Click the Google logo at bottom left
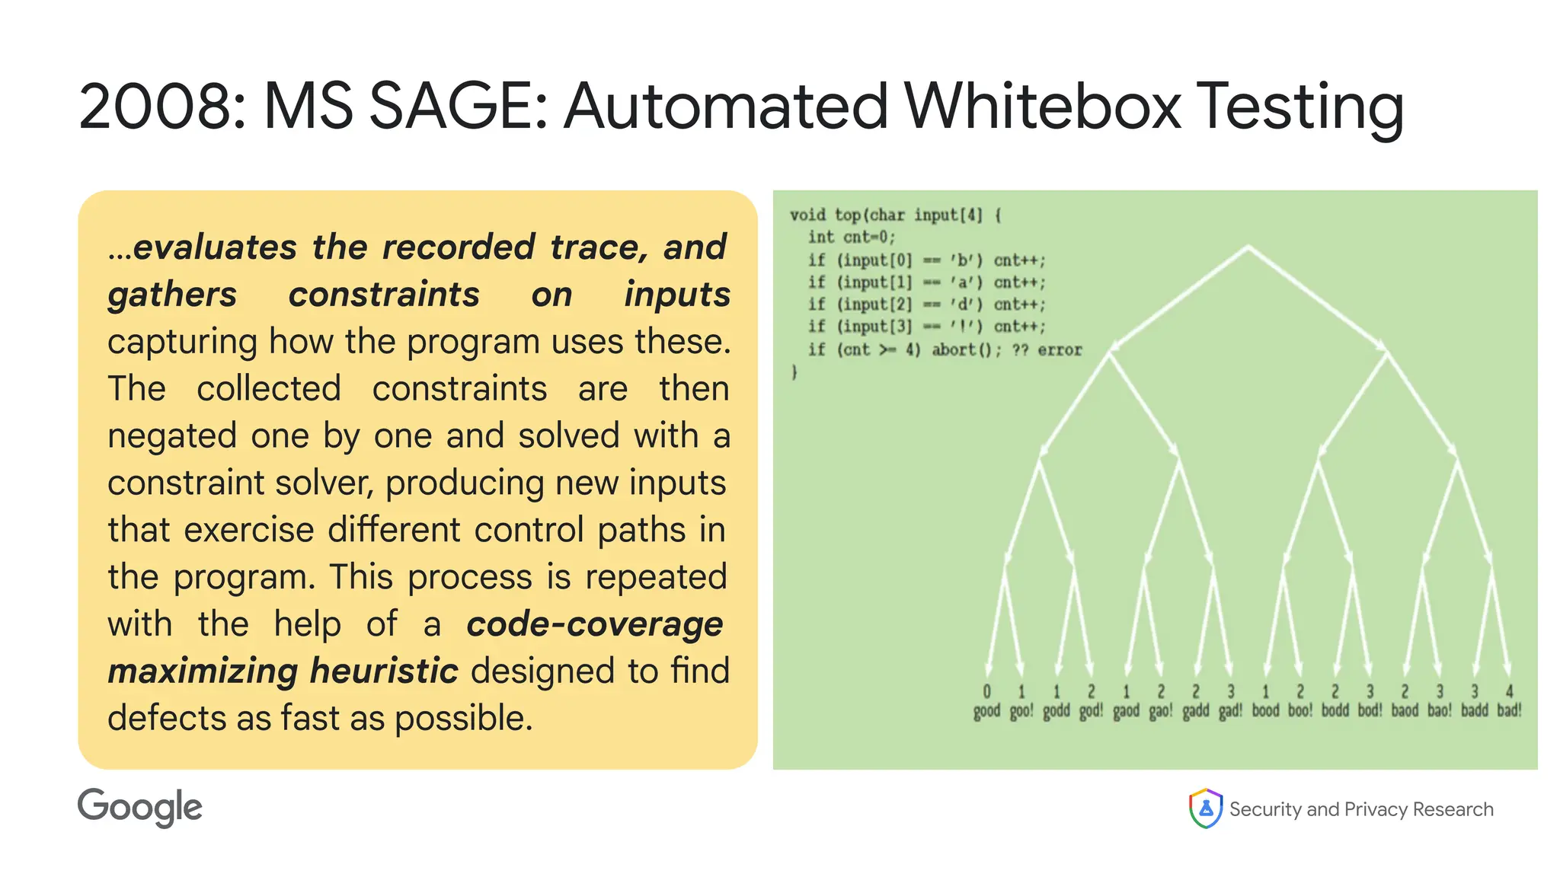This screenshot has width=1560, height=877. pos(140,808)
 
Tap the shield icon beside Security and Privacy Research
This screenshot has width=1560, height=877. pos(1206,808)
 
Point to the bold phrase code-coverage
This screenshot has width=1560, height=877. pos(594,625)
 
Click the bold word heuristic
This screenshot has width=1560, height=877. pos(384,671)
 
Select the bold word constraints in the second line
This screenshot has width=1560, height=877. pos(384,295)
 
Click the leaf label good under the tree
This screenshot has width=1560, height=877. pos(986,711)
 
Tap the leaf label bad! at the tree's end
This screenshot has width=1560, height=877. pos(1509,711)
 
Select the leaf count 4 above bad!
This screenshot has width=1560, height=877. pos(1509,691)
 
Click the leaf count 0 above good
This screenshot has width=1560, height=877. pos(986,691)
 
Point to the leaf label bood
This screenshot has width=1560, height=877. pos(1265,711)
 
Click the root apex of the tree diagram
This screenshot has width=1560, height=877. pos(1248,246)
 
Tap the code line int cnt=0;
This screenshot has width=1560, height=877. pos(852,238)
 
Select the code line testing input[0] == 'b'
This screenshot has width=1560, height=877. pos(926,260)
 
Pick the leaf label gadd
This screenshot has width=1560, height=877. pos(1195,711)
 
